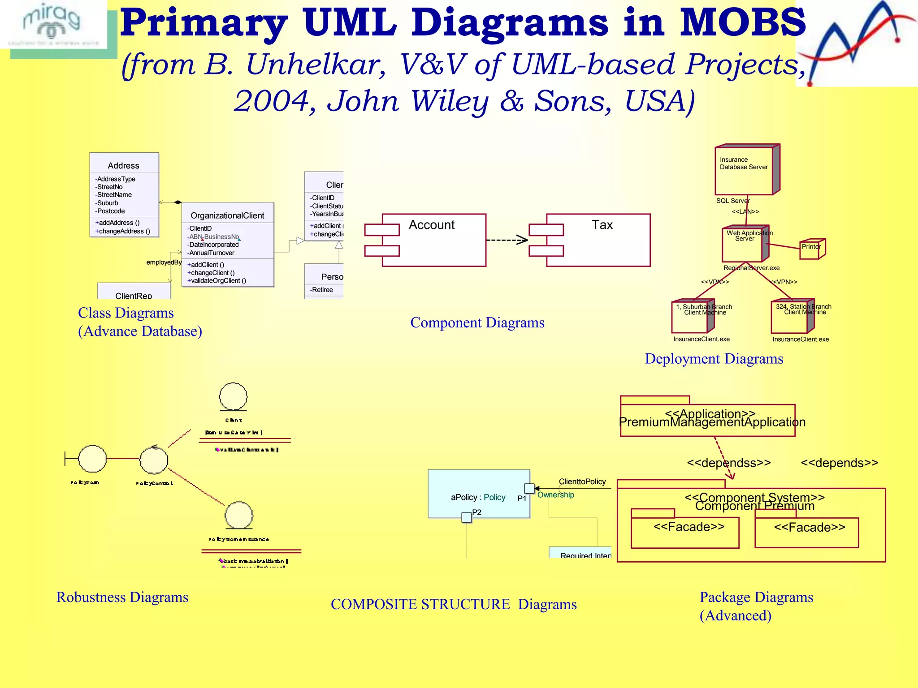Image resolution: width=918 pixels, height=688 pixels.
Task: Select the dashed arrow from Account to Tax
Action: coord(507,240)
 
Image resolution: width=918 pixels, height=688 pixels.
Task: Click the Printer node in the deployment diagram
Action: coord(812,249)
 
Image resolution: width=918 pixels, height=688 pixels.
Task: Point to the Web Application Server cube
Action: coord(744,244)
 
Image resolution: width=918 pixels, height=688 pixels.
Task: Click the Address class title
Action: coord(124,165)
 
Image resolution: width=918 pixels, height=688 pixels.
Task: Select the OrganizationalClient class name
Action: coord(227,215)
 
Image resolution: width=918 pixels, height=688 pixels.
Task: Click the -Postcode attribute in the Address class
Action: coord(110,211)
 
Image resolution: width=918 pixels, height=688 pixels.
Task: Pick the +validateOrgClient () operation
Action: coord(217,281)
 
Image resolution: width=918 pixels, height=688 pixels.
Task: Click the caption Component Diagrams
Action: coord(477,322)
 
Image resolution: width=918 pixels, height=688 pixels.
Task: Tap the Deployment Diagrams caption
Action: coord(714,359)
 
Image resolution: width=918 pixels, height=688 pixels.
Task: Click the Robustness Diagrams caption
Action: coord(122,597)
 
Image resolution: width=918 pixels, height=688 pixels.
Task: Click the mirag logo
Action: coord(53,25)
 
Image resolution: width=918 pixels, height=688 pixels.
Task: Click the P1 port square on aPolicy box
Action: coord(529,488)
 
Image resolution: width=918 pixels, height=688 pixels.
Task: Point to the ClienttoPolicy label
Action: coord(582,482)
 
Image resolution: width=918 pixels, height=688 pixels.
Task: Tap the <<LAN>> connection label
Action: coord(745,211)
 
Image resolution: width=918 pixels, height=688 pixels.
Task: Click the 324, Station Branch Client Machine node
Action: coord(791,317)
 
